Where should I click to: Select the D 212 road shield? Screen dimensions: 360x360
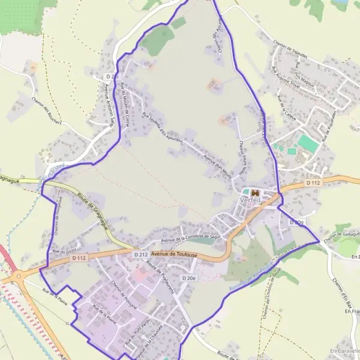[141, 255]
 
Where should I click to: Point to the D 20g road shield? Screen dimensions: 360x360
[297, 222]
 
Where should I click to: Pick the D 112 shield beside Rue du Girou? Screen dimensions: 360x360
[79, 258]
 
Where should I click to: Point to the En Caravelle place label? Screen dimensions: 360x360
[343, 349]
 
